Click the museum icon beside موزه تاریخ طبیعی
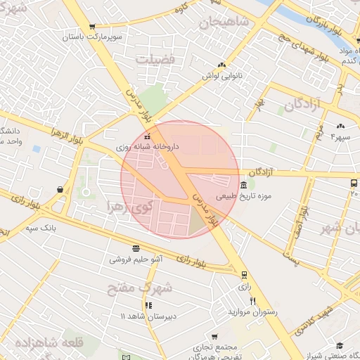pyautogui.click(x=243, y=185)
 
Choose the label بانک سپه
pyautogui.click(x=40, y=228)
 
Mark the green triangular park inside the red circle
pyautogui.click(x=197, y=221)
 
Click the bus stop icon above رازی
pyautogui.click(x=243, y=275)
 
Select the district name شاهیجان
pyautogui.click(x=224, y=22)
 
